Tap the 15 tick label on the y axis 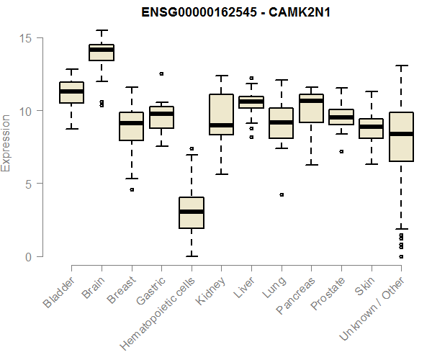tap(28, 37)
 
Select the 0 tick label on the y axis tap(28, 256)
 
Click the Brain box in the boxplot tap(101, 53)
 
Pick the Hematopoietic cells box tap(191, 212)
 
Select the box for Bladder tap(71, 92)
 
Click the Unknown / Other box tap(400, 137)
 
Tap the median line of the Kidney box tap(221, 125)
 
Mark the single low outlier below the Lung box tap(282, 194)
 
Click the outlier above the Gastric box tap(161, 73)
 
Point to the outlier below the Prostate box tap(341, 151)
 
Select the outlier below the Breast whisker tap(131, 189)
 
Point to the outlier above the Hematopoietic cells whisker tap(191, 148)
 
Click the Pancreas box tap(311, 108)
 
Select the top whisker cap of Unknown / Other tap(400, 66)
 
